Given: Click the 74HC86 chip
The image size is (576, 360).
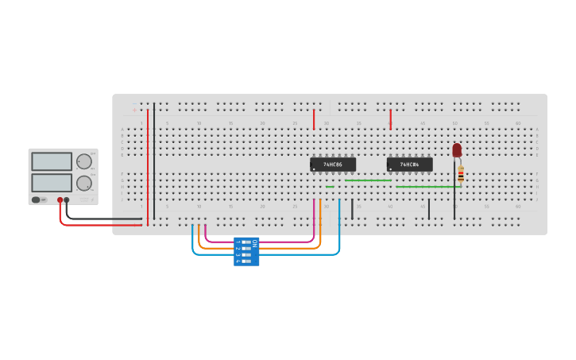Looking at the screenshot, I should pyautogui.click(x=333, y=165).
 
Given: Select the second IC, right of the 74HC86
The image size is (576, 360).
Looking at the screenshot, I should pyautogui.click(x=409, y=165).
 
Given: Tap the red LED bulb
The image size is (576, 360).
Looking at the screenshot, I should pyautogui.click(x=457, y=149).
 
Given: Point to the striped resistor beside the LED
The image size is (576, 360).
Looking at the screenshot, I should pyautogui.click(x=461, y=174).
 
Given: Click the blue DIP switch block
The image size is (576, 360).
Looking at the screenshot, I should pyautogui.click(x=245, y=251).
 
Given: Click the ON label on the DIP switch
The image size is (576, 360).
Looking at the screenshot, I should pyautogui.click(x=254, y=242).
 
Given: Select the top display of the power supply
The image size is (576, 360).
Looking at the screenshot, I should pyautogui.click(x=52, y=161).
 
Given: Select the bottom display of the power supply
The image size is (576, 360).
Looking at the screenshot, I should pyautogui.click(x=52, y=183).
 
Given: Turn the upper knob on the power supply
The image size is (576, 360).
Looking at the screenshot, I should pyautogui.click(x=83, y=161).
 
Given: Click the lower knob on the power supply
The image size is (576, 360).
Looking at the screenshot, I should pyautogui.click(x=83, y=183).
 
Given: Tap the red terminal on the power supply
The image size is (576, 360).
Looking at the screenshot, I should pyautogui.click(x=60, y=200).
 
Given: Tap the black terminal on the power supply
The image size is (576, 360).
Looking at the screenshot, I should pyautogui.click(x=67, y=200).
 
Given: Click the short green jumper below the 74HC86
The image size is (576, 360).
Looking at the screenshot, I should pyautogui.click(x=330, y=187).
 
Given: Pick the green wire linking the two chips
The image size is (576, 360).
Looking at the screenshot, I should pyautogui.click(x=368, y=180).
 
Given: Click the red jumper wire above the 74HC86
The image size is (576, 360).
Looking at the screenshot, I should pyautogui.click(x=314, y=119).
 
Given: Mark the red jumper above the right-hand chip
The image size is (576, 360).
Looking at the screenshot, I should pyautogui.click(x=390, y=119).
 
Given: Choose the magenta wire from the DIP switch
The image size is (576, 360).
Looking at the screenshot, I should pyautogui.click(x=262, y=241).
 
